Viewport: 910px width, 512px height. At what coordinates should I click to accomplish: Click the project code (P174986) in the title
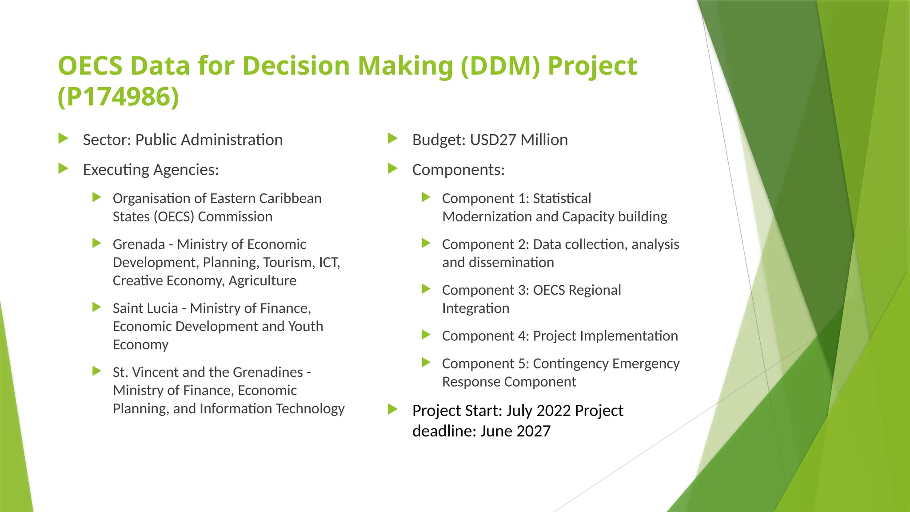[x=118, y=96]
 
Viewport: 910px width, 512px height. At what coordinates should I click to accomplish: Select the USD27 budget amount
[x=493, y=140]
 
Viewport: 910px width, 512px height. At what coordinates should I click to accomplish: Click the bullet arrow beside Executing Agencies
[x=63, y=169]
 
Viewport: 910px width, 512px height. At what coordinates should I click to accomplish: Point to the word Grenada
[x=139, y=244]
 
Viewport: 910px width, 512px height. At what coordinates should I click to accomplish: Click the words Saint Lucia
[x=145, y=308]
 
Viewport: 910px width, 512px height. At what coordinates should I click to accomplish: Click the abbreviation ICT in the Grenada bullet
[x=329, y=263]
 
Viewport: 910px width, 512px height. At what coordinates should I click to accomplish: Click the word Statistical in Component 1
[x=562, y=199]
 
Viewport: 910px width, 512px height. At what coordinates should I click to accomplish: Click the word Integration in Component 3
[x=475, y=308]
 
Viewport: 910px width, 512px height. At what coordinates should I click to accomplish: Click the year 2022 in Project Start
[x=554, y=411]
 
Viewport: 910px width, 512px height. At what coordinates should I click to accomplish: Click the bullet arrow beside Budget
[x=392, y=139]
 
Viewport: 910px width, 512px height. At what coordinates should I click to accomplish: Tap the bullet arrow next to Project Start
[x=392, y=409]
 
